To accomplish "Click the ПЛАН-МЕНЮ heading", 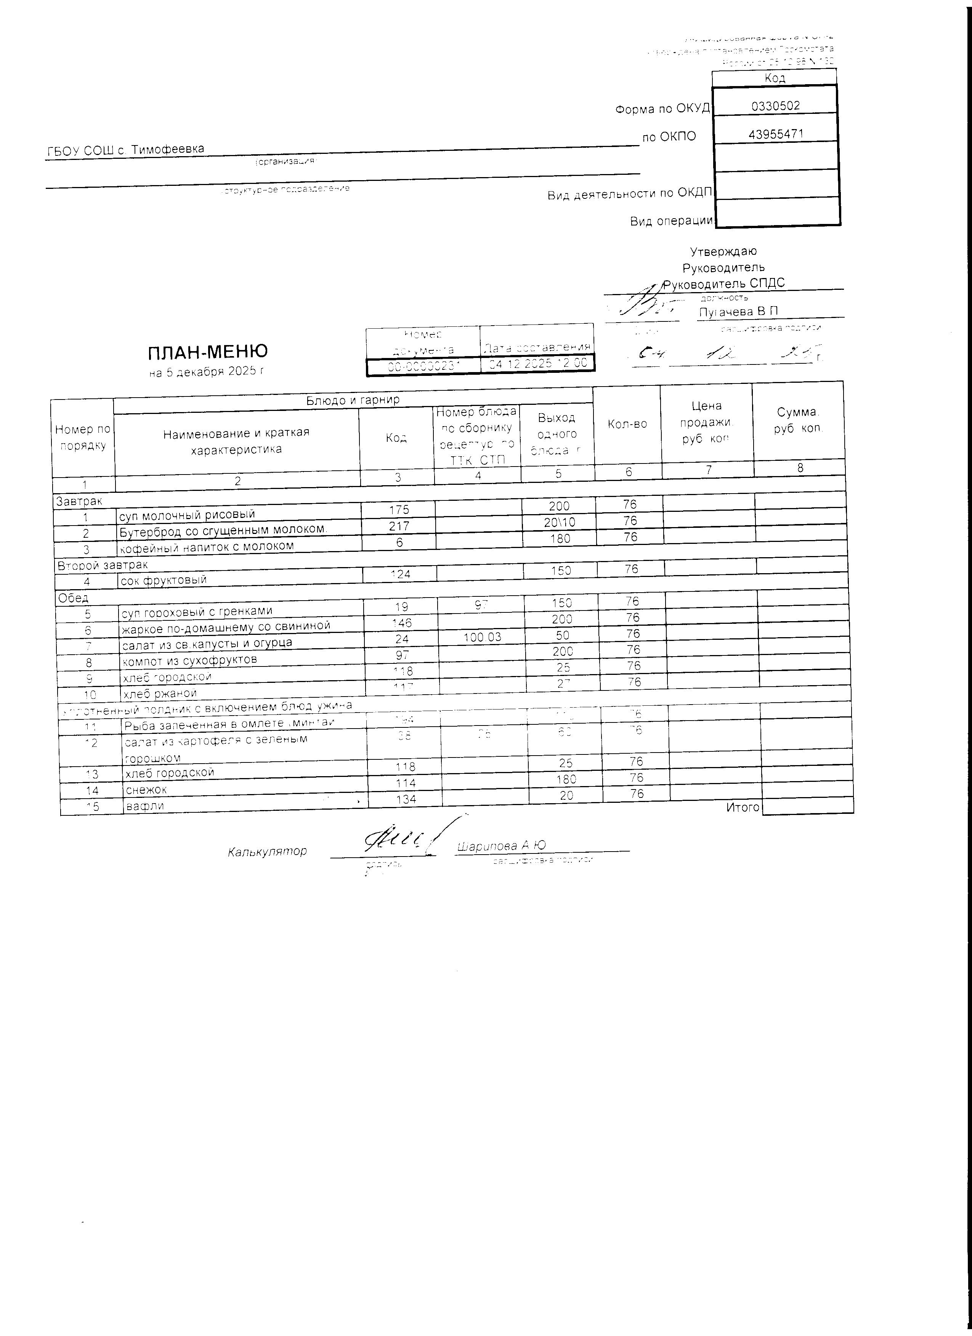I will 207,352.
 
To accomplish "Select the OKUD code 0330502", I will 775,105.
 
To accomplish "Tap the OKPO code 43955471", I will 776,134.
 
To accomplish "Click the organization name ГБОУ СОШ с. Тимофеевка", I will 125,150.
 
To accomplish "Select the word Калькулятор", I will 267,851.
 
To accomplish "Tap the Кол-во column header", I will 627,424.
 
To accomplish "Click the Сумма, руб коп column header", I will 798,420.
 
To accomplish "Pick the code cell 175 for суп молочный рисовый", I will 399,510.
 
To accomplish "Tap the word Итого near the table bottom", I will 743,807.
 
